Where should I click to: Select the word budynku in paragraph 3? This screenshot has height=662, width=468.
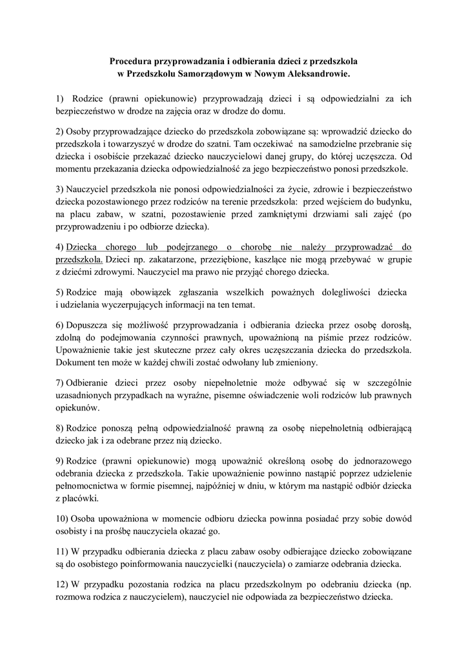(389, 202)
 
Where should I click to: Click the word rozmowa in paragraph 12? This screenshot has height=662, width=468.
(75, 597)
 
